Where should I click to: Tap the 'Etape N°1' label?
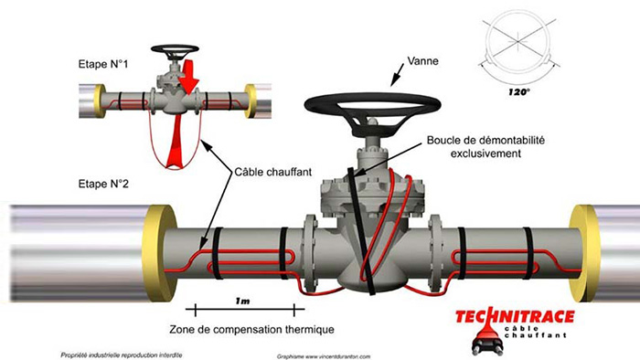(104, 66)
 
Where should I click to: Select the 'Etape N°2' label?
(104, 185)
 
